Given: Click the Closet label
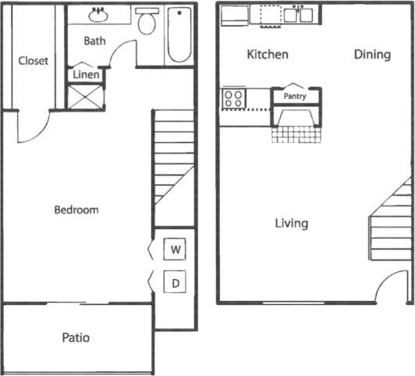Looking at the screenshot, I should tap(33, 61).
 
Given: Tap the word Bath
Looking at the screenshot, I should tap(94, 40).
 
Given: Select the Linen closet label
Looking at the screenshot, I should tap(86, 74).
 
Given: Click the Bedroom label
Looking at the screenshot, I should tap(76, 209).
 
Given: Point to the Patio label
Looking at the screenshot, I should tap(76, 338).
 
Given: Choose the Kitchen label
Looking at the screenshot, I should tap(268, 55).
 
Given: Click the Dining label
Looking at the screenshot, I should tap(372, 55).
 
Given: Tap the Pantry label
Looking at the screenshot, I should tap(295, 97).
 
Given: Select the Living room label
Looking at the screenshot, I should tap(291, 224).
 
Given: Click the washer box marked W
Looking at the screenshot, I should tap(176, 250).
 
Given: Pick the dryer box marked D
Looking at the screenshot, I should tap(176, 282).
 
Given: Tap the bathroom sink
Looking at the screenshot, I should tap(99, 14).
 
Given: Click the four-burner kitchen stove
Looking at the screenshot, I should tap(233, 98).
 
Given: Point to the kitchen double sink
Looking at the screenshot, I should tap(299, 14).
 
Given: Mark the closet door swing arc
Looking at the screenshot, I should tap(34, 127).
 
